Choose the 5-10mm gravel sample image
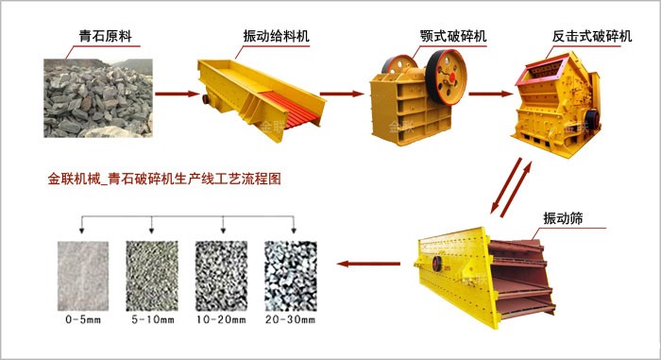click(151, 274)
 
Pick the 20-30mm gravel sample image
click(290, 274)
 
